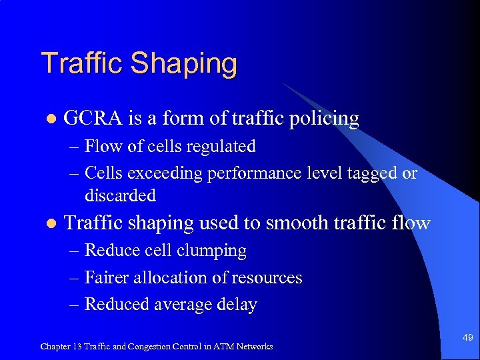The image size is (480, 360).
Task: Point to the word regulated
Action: [225, 147]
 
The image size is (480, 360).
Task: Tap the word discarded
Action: [120, 195]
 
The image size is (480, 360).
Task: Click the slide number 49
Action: [467, 338]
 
